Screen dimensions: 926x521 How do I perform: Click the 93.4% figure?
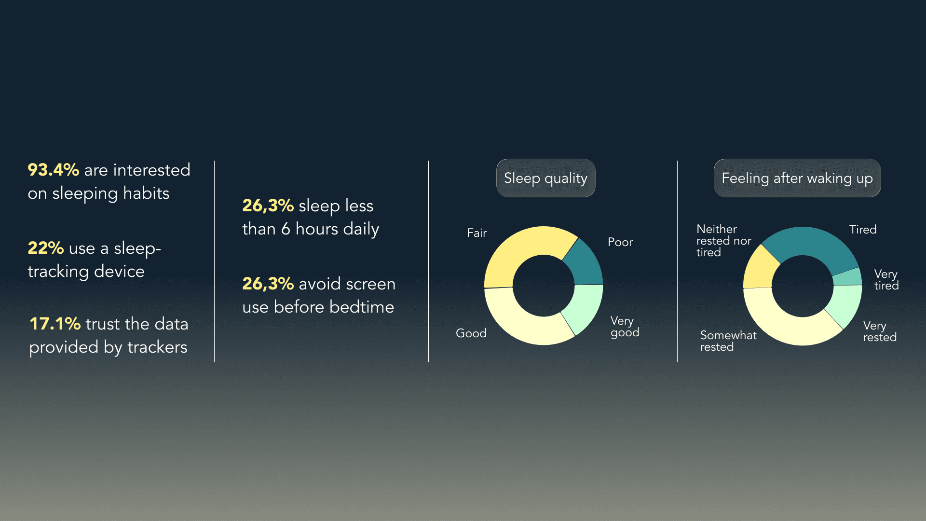53,170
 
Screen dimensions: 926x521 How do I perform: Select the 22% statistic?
46,248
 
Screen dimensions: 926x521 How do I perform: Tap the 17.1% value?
55,324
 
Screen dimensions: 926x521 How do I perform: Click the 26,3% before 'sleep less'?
268,206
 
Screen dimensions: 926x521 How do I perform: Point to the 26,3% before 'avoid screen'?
268,284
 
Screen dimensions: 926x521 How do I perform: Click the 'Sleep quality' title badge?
545,178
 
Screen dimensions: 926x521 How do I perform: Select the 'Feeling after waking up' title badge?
797,178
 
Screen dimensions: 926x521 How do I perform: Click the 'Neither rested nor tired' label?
724,241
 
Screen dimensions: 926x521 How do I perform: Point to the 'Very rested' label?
880,331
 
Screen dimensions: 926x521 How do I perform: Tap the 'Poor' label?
620,242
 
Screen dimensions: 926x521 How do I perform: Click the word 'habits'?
146,193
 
